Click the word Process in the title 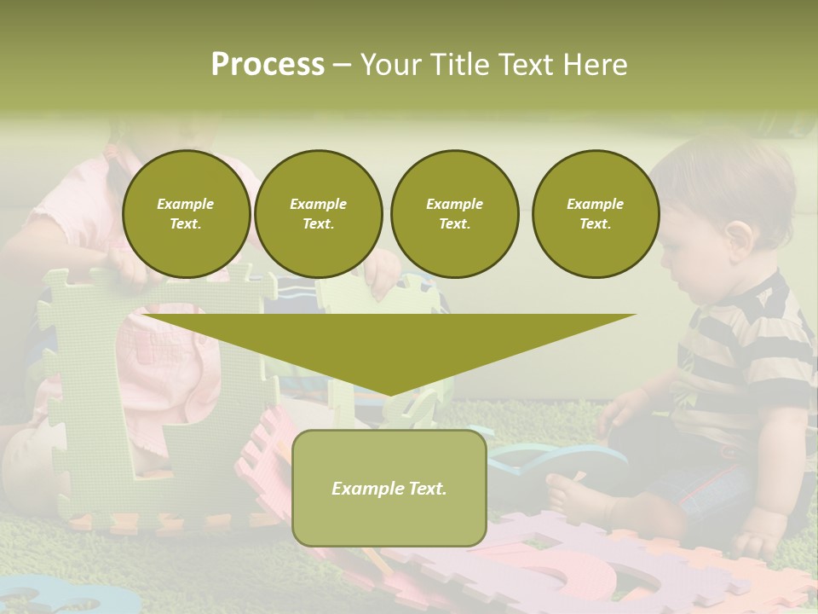268,64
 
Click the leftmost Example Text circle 186,213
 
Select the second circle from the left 318,213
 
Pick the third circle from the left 454,213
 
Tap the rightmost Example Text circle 595,213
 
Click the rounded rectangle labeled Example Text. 389,488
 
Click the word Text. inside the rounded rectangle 425,489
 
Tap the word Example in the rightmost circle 595,204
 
